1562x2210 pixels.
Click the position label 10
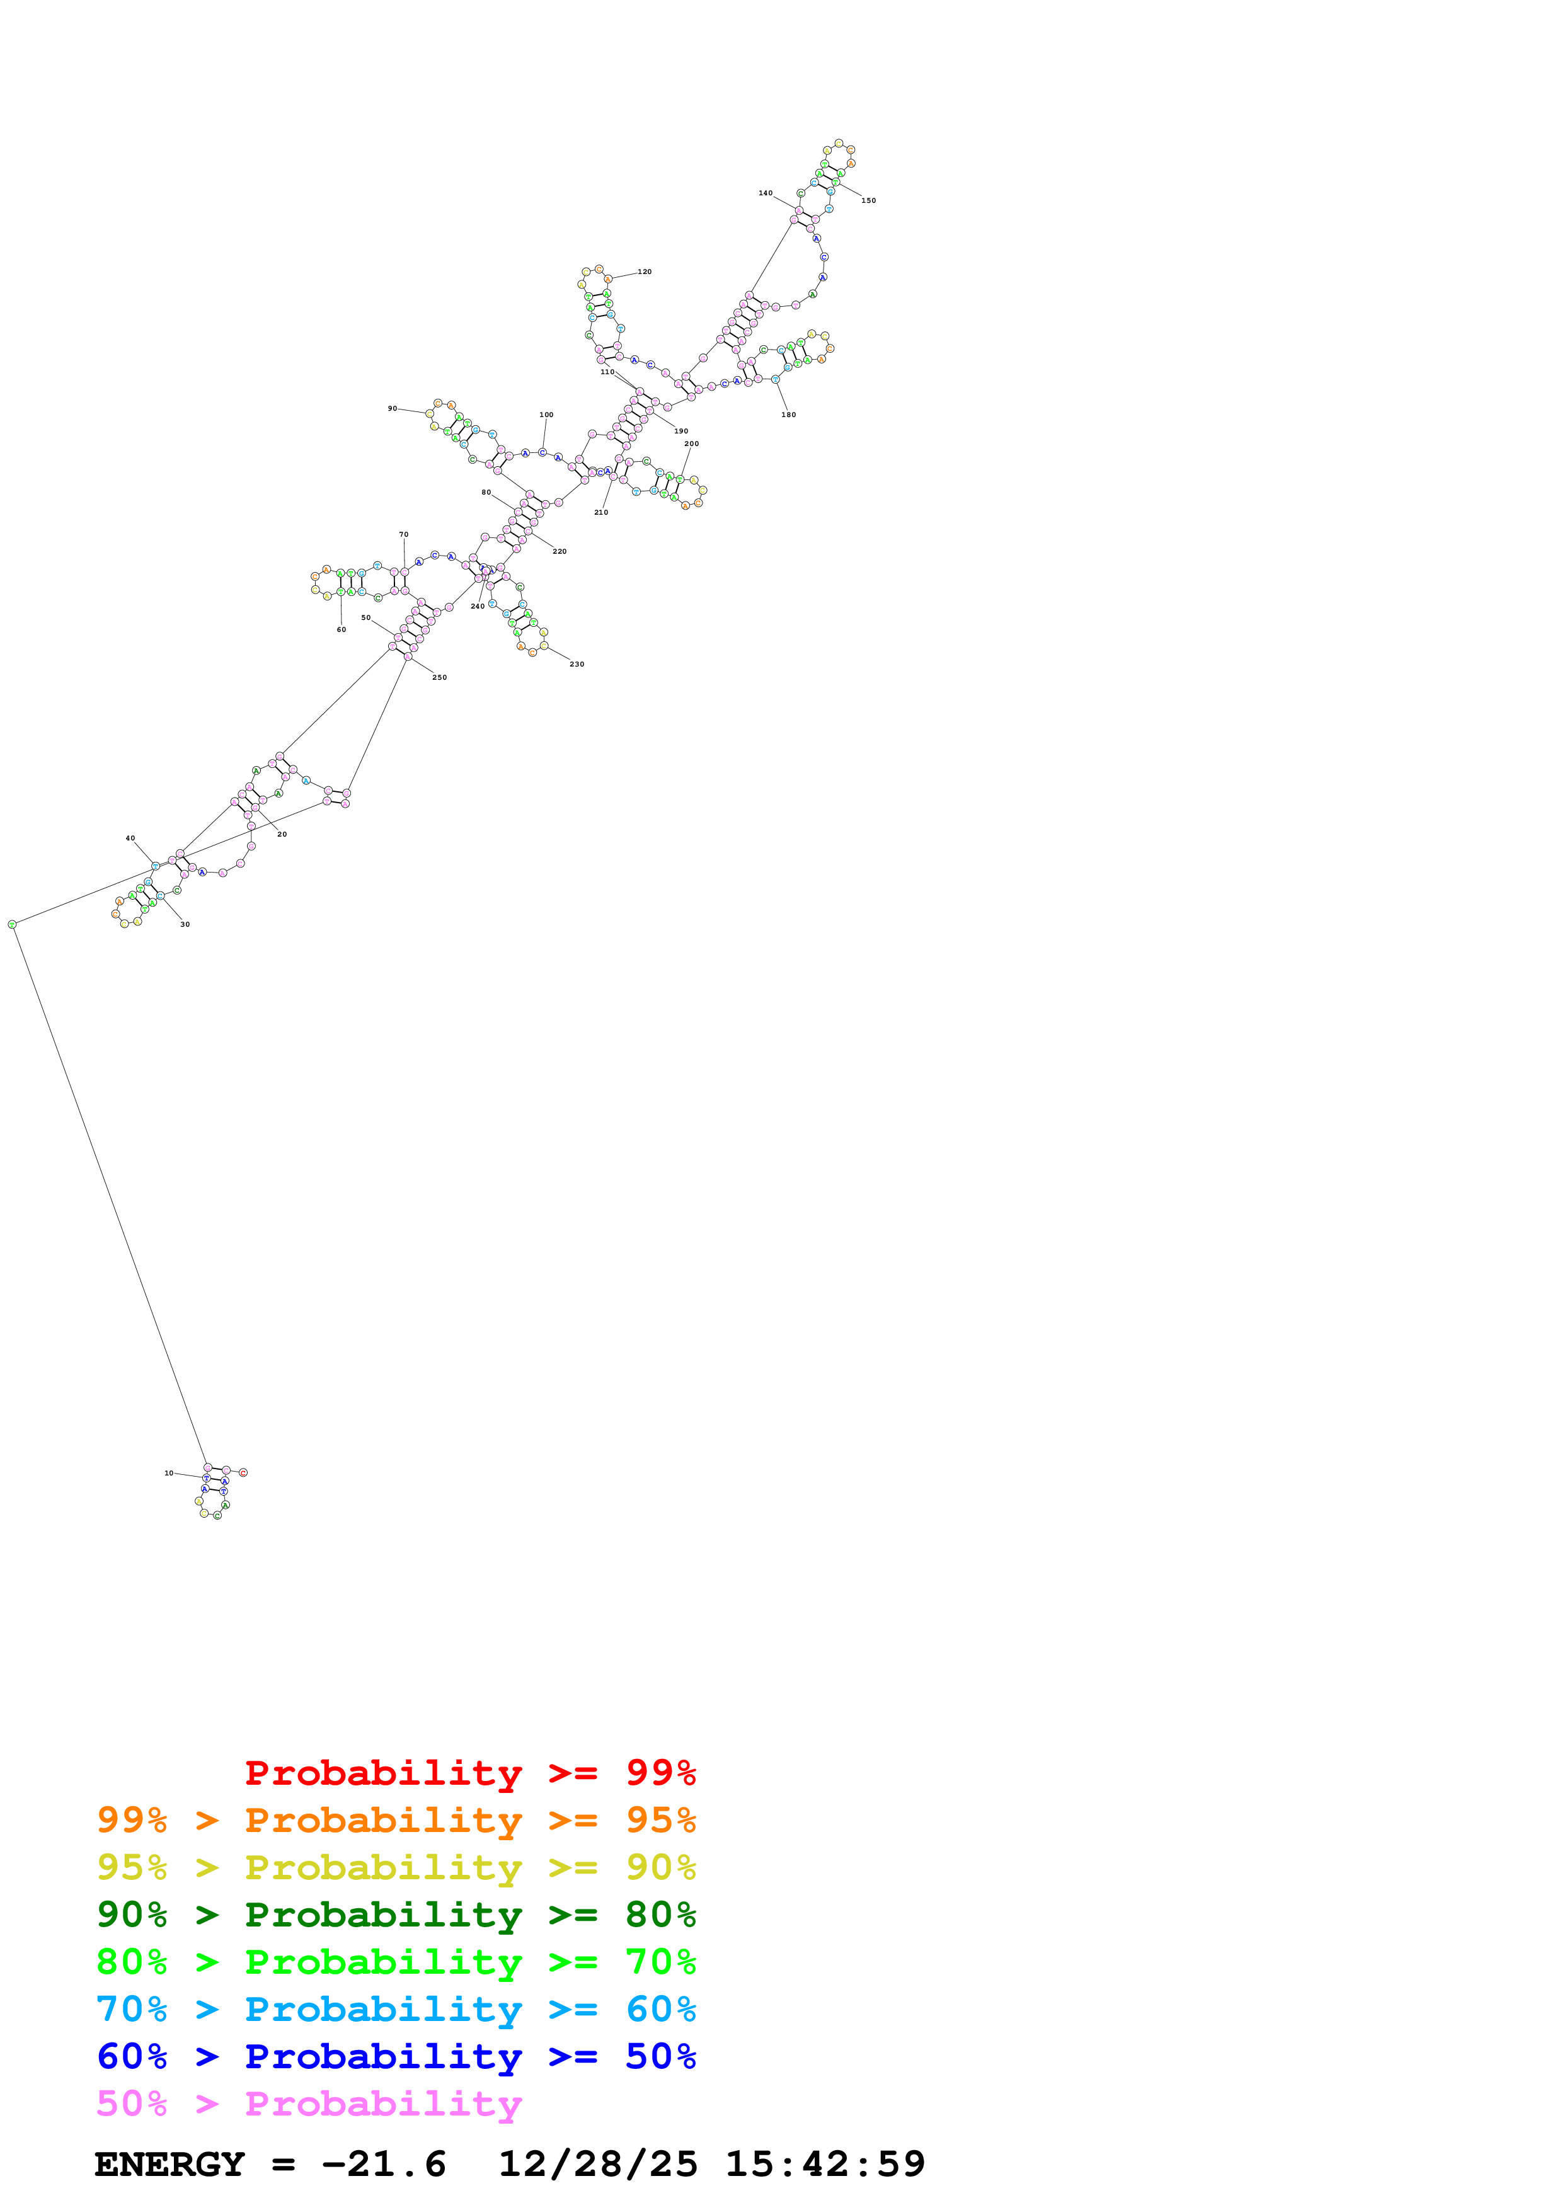pos(168,1473)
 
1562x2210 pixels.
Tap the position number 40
pos(130,839)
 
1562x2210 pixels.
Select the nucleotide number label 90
pos(392,408)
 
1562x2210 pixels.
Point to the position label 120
pos(645,272)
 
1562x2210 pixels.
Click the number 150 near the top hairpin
pos(868,200)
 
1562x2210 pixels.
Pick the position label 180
pos(788,415)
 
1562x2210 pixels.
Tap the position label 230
pos(577,664)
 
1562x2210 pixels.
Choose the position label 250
pos(439,678)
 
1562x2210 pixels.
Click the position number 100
pos(546,415)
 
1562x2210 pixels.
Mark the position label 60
pos(341,629)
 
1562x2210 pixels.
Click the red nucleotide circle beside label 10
pos(243,1473)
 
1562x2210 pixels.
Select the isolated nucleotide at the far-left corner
pos(13,924)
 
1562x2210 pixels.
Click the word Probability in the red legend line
pos(383,1773)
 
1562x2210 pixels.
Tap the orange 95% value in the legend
pos(660,1820)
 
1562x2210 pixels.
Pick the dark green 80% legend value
pos(660,1915)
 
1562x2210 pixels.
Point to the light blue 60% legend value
pos(660,2009)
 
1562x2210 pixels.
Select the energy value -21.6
pos(383,2164)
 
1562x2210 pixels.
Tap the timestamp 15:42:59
pos(825,2164)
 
